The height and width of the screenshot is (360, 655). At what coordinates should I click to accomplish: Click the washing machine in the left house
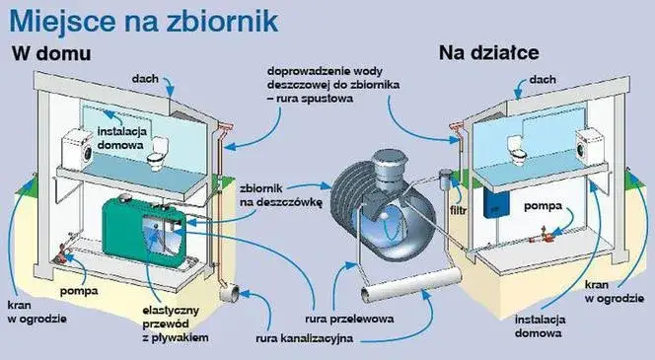coord(77,149)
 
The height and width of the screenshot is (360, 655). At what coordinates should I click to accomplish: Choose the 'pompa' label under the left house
coord(78,293)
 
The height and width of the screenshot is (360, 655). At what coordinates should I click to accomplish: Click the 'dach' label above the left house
coord(145,76)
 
